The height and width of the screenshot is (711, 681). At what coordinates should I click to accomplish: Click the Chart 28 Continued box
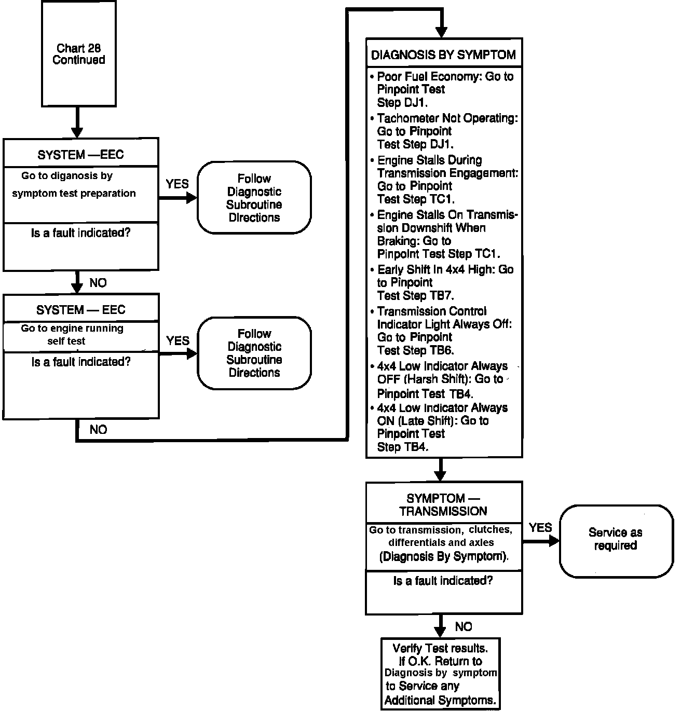pyautogui.click(x=78, y=54)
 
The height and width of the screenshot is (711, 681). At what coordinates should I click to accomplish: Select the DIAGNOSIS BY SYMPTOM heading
pyautogui.click(x=443, y=54)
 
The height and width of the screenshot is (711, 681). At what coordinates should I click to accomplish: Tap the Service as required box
pyautogui.click(x=615, y=539)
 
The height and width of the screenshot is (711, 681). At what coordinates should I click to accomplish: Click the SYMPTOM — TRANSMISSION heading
pyautogui.click(x=443, y=504)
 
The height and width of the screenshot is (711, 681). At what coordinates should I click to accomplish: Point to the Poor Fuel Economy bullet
pyautogui.click(x=444, y=89)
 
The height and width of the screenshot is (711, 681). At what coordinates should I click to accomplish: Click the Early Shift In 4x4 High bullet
pyautogui.click(x=444, y=282)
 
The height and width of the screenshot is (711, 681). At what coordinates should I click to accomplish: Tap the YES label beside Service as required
pyautogui.click(x=540, y=528)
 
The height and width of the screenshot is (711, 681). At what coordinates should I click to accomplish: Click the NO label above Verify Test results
pyautogui.click(x=463, y=626)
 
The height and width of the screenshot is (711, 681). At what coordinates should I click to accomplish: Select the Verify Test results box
pyautogui.click(x=440, y=674)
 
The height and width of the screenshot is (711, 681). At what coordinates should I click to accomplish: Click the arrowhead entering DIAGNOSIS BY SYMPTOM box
pyautogui.click(x=441, y=31)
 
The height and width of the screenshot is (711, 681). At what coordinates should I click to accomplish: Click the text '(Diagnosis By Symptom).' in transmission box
pyautogui.click(x=443, y=557)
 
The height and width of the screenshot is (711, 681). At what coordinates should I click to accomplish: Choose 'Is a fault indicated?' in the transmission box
pyautogui.click(x=443, y=581)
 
